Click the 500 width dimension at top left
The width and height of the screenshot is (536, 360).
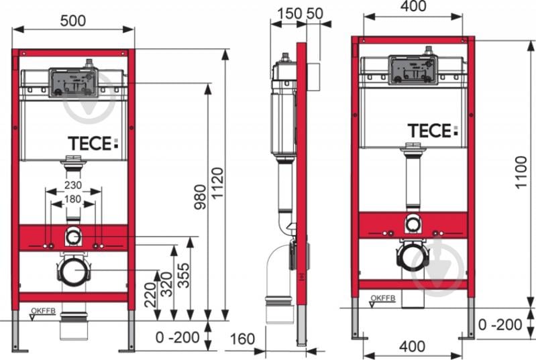tap(72, 20)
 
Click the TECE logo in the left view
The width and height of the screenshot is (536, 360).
tap(93, 143)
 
